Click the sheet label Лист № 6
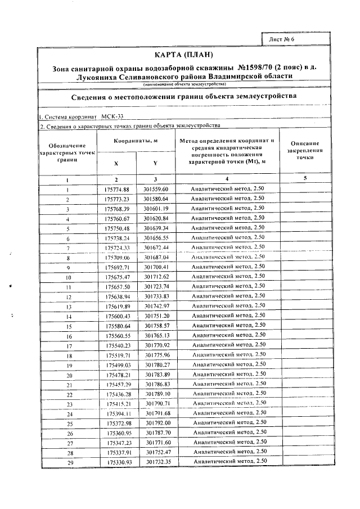(282, 39)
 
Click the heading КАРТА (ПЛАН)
(184, 55)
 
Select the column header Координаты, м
(135, 140)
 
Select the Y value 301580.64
(156, 199)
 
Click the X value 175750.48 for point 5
(117, 228)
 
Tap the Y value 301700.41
(156, 267)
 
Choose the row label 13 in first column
(69, 307)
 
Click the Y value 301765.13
(156, 336)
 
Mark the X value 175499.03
(117, 365)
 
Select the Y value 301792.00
(156, 423)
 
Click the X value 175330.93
(119, 462)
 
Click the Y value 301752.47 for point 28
(156, 452)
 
